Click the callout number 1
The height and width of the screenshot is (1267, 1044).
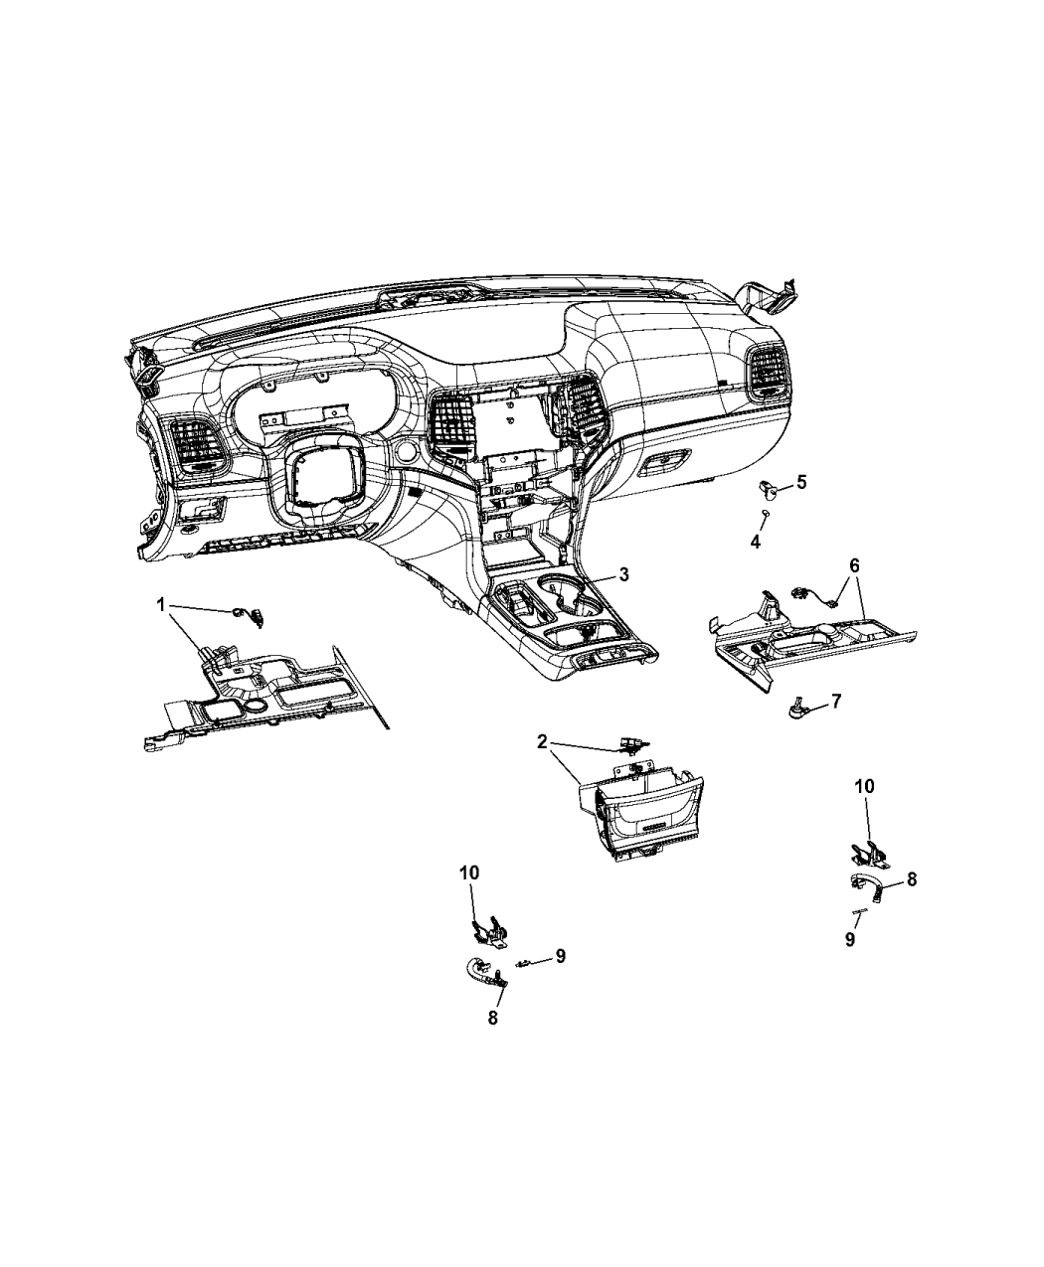click(x=160, y=604)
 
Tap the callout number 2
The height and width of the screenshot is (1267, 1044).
click(x=542, y=741)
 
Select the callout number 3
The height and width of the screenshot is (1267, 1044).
click(x=623, y=574)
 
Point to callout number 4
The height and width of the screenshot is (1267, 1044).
click(x=755, y=542)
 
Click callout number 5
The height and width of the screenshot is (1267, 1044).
click(x=801, y=482)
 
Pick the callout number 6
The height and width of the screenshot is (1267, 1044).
click(x=854, y=565)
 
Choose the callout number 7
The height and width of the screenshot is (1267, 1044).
click(x=835, y=702)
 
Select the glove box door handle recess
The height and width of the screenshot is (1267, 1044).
click(x=666, y=463)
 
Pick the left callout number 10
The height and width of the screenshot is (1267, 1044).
click(x=469, y=872)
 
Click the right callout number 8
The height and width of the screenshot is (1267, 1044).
click(x=911, y=879)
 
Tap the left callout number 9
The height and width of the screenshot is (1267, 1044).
click(x=560, y=956)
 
